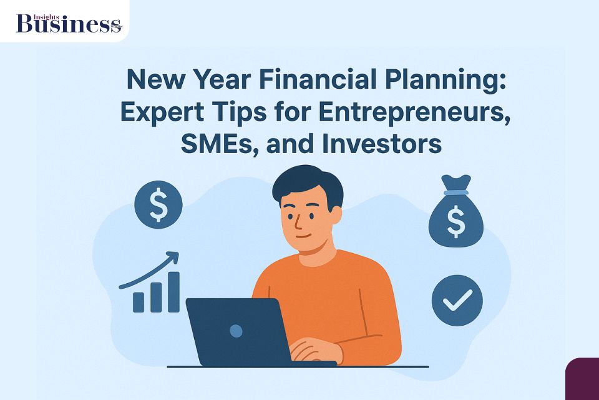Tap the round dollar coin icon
158,204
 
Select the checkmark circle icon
457,301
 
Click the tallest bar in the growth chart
173,292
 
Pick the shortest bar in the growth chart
139,302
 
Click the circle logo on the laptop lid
236,331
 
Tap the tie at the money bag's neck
456,192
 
